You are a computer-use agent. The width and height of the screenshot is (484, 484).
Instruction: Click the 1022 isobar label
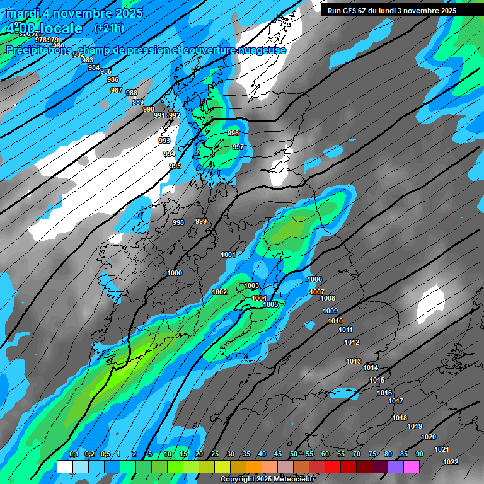(451, 462)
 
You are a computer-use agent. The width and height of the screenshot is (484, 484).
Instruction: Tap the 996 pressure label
(233, 133)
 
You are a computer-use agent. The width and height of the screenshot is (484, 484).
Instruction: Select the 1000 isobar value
(175, 273)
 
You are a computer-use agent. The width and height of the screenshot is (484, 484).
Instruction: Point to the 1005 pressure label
(270, 304)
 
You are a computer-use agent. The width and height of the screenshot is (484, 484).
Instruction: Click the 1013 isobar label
(354, 361)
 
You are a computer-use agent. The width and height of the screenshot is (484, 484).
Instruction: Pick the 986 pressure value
(113, 79)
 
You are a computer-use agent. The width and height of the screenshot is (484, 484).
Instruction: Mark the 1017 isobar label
(396, 401)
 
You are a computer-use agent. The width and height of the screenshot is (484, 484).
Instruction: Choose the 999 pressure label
(201, 221)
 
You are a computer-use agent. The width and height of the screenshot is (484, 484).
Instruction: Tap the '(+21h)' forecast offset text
(109, 28)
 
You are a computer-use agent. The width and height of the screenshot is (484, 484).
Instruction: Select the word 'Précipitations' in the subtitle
(39, 50)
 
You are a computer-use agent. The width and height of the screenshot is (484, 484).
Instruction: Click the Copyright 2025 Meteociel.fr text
(267, 480)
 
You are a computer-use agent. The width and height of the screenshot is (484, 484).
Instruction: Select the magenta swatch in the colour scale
(411, 467)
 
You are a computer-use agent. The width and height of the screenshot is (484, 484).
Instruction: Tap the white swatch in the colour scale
(64, 467)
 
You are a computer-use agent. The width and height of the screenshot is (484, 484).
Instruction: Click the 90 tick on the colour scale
(419, 454)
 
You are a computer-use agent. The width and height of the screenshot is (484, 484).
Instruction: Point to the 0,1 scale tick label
(73, 454)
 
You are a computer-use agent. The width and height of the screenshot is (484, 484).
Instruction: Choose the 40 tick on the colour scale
(262, 454)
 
